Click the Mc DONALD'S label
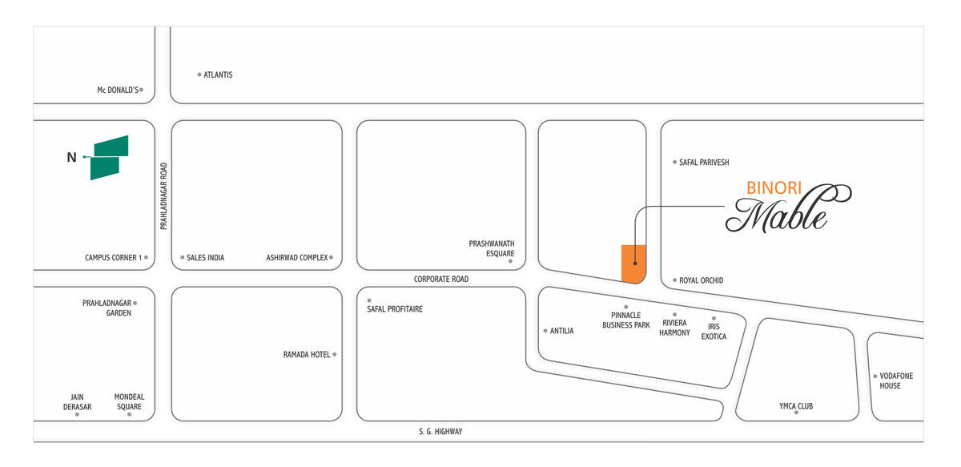[118, 91]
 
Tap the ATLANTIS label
[218, 74]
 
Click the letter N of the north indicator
[71, 158]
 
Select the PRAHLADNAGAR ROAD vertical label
[163, 195]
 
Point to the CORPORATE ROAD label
[441, 279]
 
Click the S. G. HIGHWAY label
[440, 432]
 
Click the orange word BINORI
[774, 188]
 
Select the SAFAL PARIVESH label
[704, 163]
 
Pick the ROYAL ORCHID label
[701, 280]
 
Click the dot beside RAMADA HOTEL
[335, 355]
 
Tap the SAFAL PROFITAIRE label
[395, 309]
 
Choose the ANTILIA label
[561, 331]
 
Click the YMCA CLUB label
[796, 406]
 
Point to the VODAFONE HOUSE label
[896, 380]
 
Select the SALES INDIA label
[205, 258]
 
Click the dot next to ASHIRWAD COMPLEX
[331, 258]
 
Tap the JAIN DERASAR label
[77, 402]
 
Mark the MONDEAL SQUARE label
[129, 402]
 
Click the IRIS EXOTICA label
[714, 332]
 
